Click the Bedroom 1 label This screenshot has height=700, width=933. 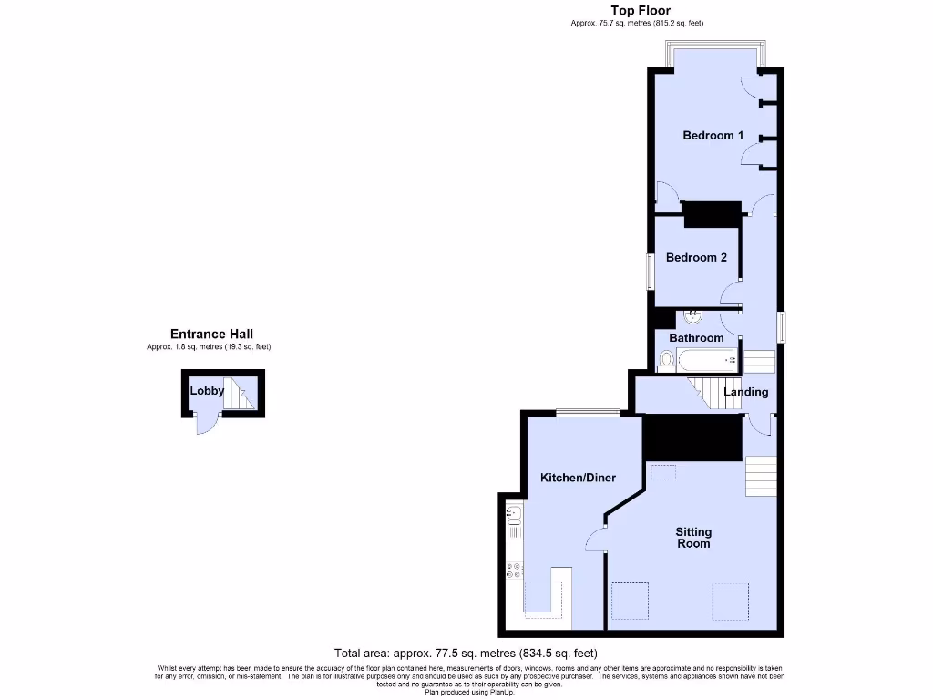tap(713, 136)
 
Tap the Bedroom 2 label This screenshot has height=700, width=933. tap(696, 258)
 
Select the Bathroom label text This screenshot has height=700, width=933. tap(696, 338)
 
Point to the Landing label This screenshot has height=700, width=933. tap(745, 393)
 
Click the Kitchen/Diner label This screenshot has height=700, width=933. tap(578, 478)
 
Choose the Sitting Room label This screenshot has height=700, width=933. tap(693, 538)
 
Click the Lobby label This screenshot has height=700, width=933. tap(207, 391)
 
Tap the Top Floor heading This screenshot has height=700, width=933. tap(640, 11)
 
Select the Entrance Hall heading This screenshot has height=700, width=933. tap(211, 335)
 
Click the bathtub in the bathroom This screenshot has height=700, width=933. tap(710, 362)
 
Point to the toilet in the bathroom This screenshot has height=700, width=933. tap(667, 362)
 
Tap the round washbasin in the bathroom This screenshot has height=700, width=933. tap(693, 316)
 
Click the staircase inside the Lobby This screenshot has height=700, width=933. tap(242, 395)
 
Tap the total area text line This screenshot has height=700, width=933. tap(466, 653)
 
